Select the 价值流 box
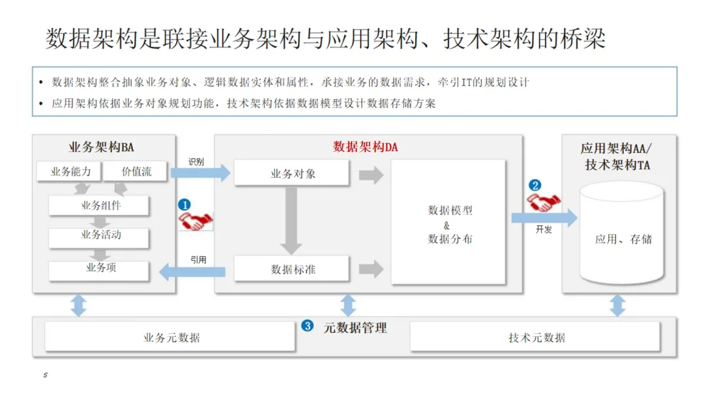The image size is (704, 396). (136, 172)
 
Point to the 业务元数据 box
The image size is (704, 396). (171, 338)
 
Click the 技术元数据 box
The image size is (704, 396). (536, 338)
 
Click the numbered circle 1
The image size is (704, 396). (184, 205)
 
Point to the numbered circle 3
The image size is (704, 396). (308, 326)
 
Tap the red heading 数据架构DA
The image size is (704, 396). (365, 147)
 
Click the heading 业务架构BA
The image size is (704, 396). (101, 147)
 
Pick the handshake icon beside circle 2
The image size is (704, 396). (542, 202)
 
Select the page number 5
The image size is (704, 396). (46, 376)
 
